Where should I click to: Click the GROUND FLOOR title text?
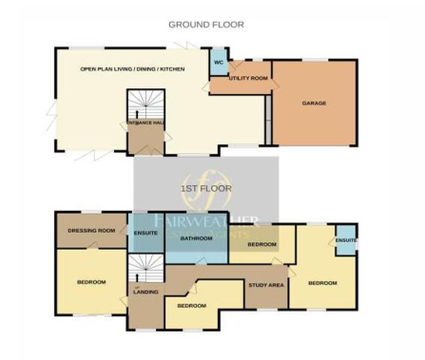pos(206,24)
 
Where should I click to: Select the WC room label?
pos(218,65)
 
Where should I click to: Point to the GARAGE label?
pos(315,103)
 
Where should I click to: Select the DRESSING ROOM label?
pos(92,231)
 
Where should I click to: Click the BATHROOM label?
pos(196,238)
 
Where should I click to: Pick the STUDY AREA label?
pos(266,285)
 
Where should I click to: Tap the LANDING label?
pos(145,293)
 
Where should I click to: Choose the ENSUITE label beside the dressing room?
pos(146,232)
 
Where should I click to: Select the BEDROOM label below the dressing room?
pos(91,283)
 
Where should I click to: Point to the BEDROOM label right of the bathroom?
pos(261,245)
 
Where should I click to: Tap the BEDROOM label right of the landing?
pos(193,306)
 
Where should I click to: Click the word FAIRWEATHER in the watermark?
pos(203,221)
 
